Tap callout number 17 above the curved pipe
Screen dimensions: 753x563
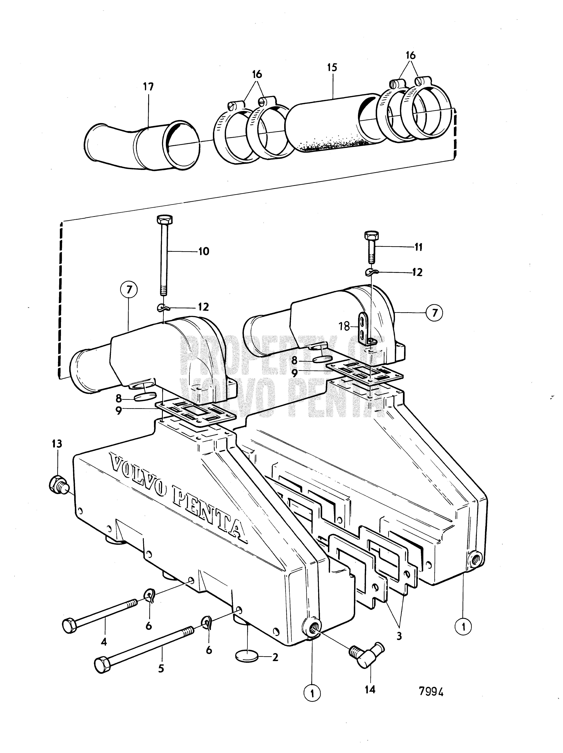tap(148, 87)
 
